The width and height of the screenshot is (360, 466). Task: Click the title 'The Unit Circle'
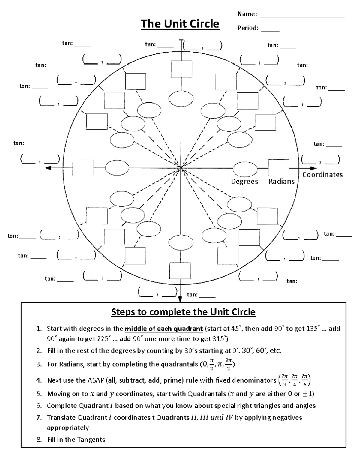coord(180,24)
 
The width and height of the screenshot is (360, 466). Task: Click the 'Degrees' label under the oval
coord(244,182)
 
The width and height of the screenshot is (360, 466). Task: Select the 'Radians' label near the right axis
coord(281,182)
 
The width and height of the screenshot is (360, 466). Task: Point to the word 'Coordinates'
coord(322,175)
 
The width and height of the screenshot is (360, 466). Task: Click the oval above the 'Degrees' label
coord(245,169)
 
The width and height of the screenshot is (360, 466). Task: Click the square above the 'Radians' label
coord(279,168)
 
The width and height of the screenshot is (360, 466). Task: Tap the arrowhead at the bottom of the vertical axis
coord(180,299)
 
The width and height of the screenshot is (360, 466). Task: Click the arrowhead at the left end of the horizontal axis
coord(48,168)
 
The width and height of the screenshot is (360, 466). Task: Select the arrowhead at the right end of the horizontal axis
coord(313,168)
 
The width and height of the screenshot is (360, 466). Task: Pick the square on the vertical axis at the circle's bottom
coord(180,271)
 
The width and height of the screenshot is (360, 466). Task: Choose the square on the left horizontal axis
coord(83,168)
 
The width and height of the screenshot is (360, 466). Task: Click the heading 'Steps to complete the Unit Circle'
coord(183,312)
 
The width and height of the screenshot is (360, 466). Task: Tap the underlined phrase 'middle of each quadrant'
coord(164,329)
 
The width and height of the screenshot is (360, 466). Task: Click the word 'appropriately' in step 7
coord(68,428)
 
